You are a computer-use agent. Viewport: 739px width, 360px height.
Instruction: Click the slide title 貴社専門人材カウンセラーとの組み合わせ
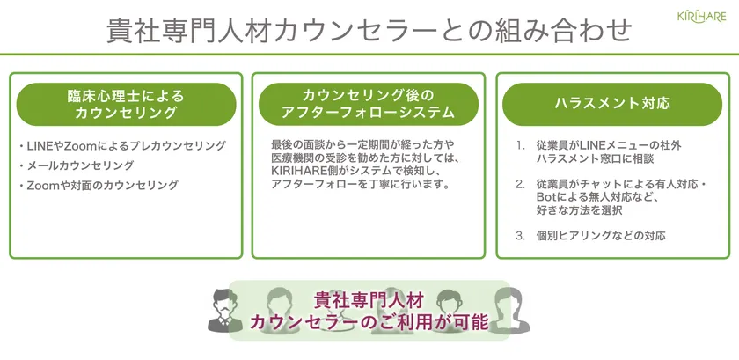click(369, 32)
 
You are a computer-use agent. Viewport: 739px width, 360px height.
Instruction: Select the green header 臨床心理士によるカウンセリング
click(126, 104)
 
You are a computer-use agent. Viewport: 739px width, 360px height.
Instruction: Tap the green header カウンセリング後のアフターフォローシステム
click(368, 104)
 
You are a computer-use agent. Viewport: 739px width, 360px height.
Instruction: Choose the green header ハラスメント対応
click(612, 104)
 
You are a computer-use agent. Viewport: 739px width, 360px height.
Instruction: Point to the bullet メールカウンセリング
click(77, 165)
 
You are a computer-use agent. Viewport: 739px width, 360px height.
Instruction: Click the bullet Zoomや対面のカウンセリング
click(99, 185)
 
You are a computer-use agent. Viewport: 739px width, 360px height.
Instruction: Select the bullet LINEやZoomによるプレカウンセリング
click(122, 146)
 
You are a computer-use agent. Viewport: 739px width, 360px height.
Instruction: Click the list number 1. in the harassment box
click(520, 146)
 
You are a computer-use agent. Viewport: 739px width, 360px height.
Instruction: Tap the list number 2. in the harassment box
click(520, 184)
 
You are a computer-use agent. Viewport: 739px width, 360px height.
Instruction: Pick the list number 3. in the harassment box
click(520, 236)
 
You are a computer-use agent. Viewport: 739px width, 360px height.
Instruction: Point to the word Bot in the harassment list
click(545, 197)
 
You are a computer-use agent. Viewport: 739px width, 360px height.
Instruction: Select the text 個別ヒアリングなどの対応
click(601, 236)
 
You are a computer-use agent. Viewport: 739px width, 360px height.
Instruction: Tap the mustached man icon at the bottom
click(225, 310)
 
